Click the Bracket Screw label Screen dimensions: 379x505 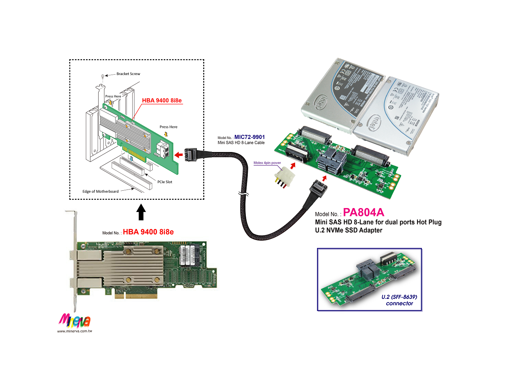(x=128, y=74)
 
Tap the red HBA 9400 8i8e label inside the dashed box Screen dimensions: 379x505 (x=162, y=101)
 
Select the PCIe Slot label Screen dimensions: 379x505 (x=165, y=182)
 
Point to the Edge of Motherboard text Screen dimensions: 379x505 (x=100, y=191)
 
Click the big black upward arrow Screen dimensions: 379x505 (x=141, y=212)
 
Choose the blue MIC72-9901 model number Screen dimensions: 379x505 (x=249, y=137)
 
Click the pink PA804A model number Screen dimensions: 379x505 (x=363, y=213)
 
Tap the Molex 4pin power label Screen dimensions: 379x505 (x=267, y=163)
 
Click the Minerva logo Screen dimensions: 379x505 (x=74, y=321)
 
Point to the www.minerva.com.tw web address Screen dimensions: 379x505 (x=75, y=331)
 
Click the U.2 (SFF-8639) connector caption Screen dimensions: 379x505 (x=399, y=300)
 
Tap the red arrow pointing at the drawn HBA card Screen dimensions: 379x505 (x=179, y=155)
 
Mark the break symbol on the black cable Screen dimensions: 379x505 (x=243, y=194)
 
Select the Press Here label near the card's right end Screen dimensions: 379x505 (x=168, y=127)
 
